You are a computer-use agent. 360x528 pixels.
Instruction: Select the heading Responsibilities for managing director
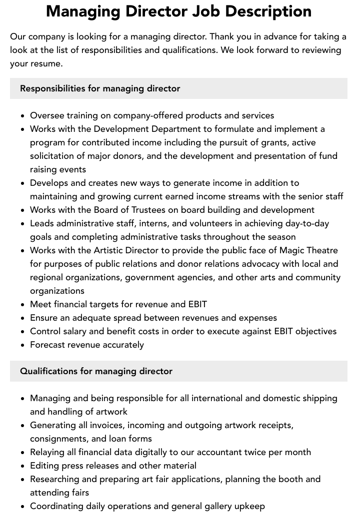pyautogui.click(x=100, y=88)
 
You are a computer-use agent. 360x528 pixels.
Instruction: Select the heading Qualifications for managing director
pyautogui.click(x=96, y=371)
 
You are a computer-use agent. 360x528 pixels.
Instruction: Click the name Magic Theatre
pyautogui.click(x=308, y=250)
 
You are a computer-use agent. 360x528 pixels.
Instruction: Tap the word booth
pyautogui.click(x=290, y=479)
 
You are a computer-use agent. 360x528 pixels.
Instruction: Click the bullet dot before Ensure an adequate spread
pyautogui.click(x=22, y=318)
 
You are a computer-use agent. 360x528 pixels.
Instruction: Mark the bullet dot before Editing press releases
pyautogui.click(x=22, y=466)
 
